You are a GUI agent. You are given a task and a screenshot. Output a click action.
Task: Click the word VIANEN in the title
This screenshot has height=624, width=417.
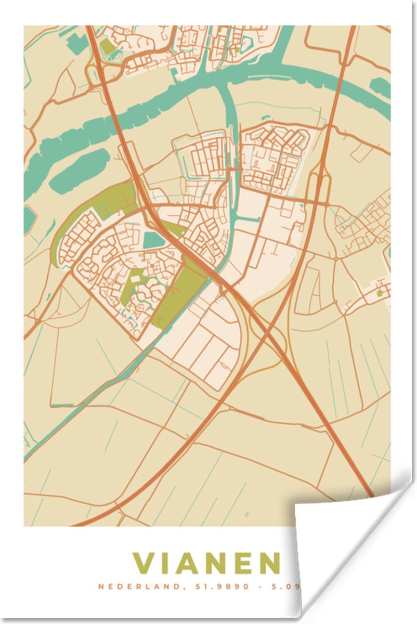206,563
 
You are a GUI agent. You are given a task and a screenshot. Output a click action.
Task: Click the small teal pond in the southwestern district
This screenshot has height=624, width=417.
153,240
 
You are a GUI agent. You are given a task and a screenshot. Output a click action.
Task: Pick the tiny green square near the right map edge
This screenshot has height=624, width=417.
380,293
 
